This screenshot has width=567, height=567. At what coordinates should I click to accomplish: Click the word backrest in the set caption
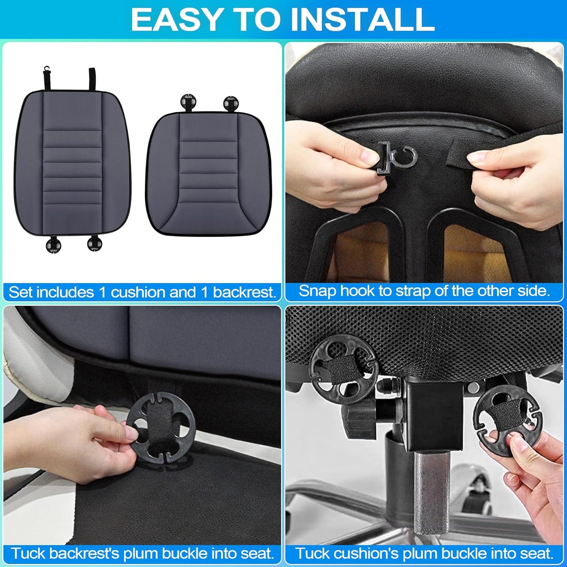coord(244,293)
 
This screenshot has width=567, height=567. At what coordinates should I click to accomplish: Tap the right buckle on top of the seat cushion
coord(230,103)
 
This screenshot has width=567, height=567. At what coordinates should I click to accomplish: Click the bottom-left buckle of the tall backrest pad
coord(53,245)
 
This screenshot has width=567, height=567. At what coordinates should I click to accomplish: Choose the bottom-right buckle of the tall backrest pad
coord(94,244)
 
